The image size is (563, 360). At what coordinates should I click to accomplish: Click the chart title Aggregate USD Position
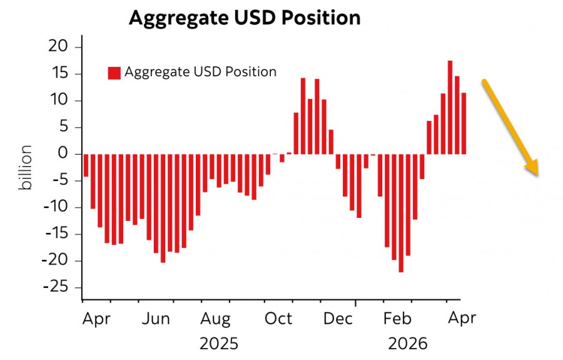(245, 18)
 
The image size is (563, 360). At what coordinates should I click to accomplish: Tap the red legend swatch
(114, 73)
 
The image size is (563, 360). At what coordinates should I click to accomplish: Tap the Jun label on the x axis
(156, 319)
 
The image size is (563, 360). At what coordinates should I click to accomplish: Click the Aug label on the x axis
(216, 319)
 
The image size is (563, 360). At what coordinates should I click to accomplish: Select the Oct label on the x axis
(279, 319)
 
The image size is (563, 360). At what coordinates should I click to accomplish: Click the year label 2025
(219, 344)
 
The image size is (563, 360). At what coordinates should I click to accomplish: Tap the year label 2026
(407, 344)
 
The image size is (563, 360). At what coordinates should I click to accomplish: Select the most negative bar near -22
(401, 213)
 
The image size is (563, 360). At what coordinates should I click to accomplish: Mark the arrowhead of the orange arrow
(534, 169)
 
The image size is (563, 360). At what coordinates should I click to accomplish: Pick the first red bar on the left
(86, 165)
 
